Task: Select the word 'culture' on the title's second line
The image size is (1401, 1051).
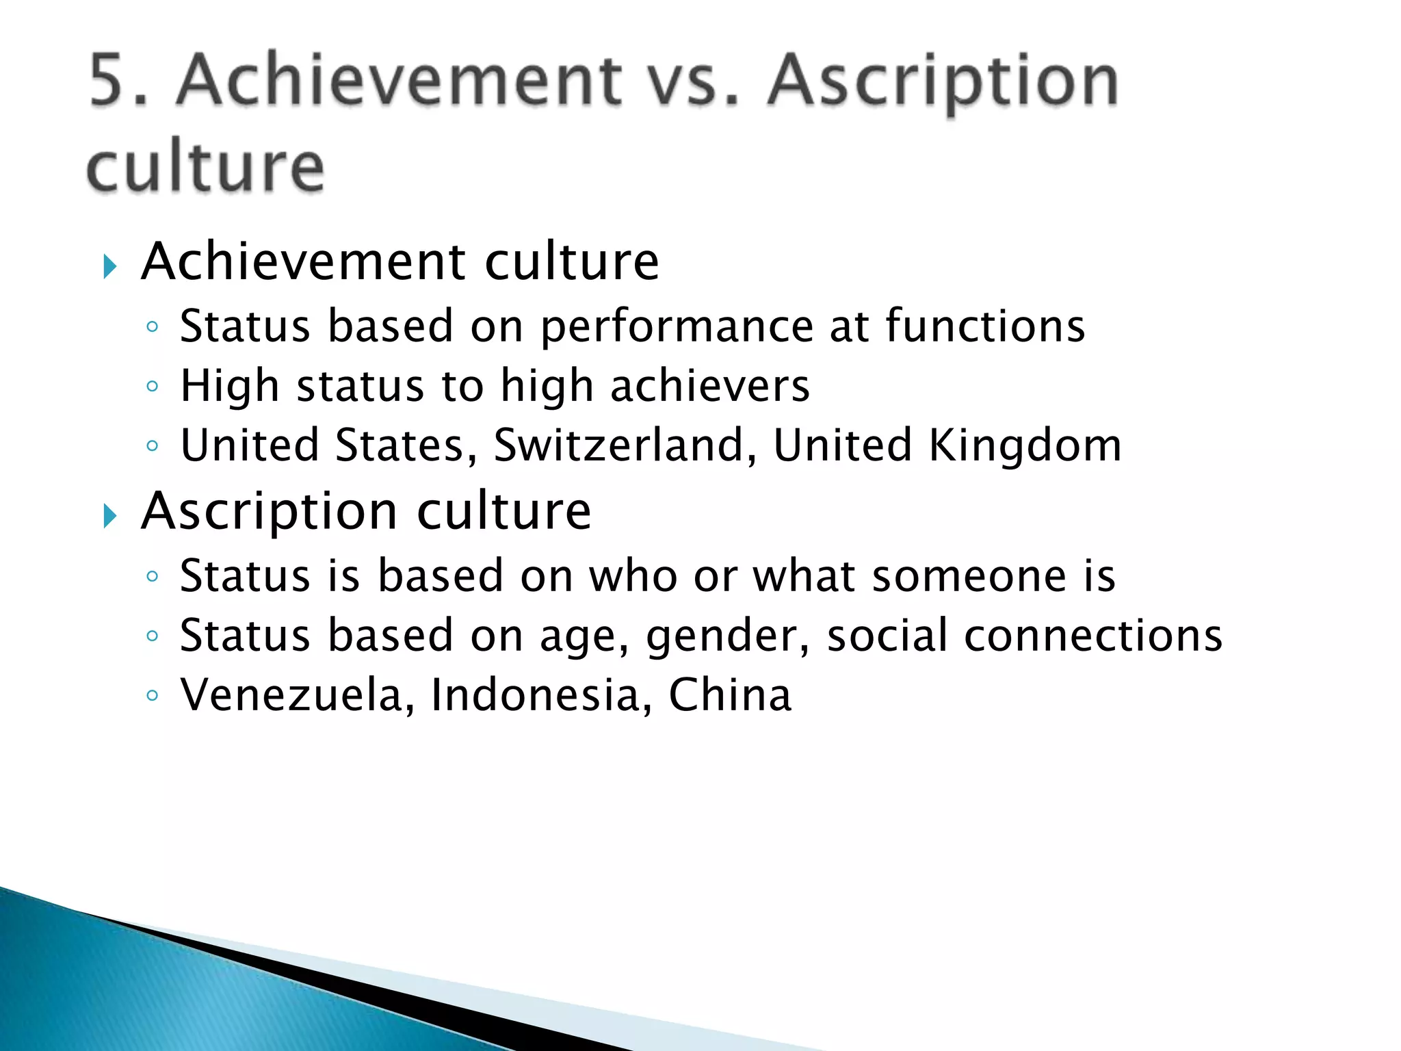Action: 205,168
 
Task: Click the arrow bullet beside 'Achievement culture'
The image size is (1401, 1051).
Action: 110,266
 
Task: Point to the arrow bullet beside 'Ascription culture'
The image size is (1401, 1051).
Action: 110,515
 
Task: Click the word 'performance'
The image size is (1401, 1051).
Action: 676,327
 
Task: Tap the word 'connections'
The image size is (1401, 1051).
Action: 1092,635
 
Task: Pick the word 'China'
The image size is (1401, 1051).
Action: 729,695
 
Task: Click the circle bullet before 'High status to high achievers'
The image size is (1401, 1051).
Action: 153,387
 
